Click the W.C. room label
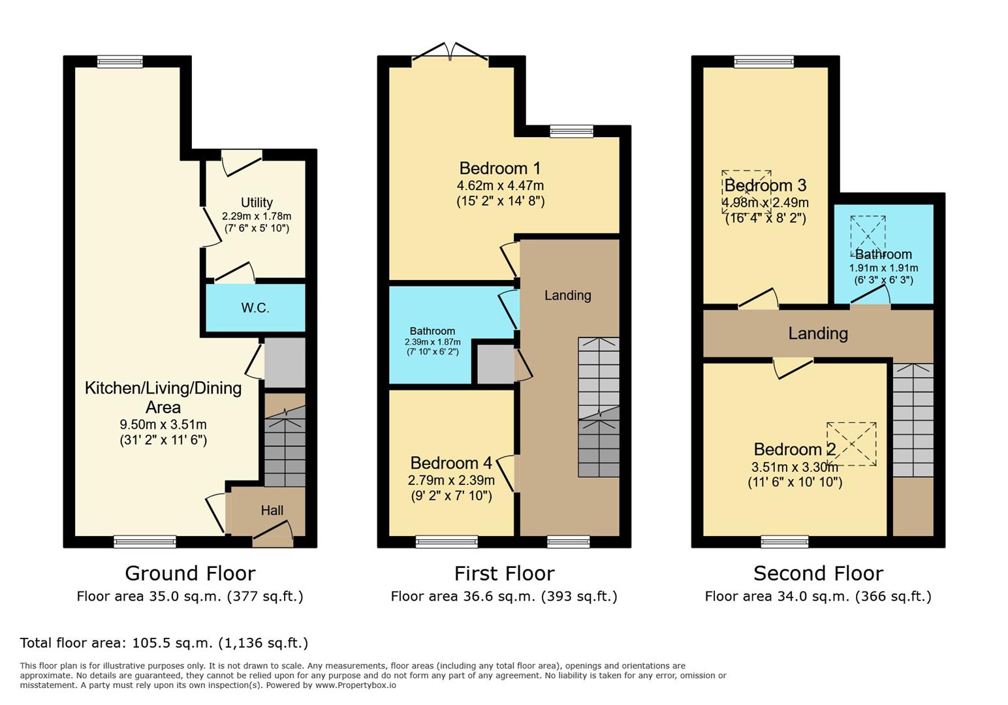tap(255, 308)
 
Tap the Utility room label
tap(257, 202)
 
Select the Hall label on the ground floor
tap(272, 510)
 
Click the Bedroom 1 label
tap(500, 168)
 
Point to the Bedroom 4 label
tap(451, 463)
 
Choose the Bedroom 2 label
tap(795, 450)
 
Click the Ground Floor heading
tap(190, 574)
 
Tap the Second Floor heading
tap(818, 574)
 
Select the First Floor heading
tap(504, 574)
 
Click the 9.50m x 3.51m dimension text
tap(163, 424)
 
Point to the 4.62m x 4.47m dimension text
tap(500, 185)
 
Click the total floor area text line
tap(164, 642)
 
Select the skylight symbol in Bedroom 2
tap(851, 444)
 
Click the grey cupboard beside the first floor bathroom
tap(496, 364)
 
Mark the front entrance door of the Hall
tap(273, 535)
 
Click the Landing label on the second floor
tap(818, 334)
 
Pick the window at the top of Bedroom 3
tap(764, 61)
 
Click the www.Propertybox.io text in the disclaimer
tap(356, 685)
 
